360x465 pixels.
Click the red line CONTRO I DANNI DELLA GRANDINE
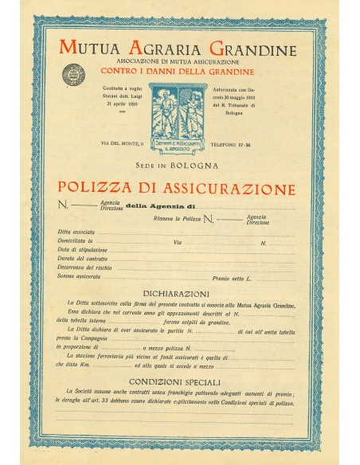[180, 72]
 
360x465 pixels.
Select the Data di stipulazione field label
[81, 249]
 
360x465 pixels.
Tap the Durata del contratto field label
[81, 258]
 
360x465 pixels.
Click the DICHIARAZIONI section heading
[180, 294]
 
